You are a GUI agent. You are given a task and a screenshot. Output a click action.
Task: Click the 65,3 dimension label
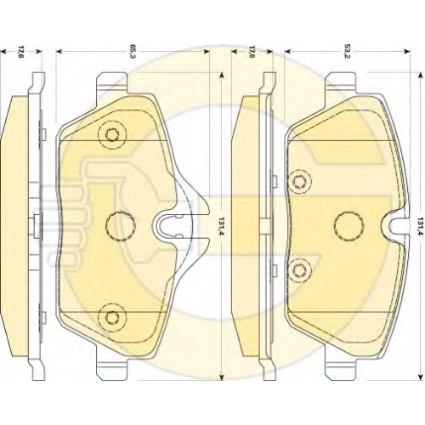(x=132, y=51)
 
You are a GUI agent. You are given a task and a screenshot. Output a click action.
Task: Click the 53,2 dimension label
(x=347, y=51)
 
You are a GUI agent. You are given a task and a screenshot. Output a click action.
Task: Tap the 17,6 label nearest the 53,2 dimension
(x=251, y=51)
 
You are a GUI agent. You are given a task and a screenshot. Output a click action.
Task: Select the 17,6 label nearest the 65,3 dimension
(x=21, y=51)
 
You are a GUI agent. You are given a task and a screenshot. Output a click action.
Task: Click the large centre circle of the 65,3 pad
(x=121, y=226)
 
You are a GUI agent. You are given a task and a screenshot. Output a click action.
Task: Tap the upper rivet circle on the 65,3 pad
(x=112, y=134)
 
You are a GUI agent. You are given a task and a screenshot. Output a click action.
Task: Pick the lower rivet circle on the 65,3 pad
(x=112, y=317)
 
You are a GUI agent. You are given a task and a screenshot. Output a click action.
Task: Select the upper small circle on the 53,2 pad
(x=299, y=181)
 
